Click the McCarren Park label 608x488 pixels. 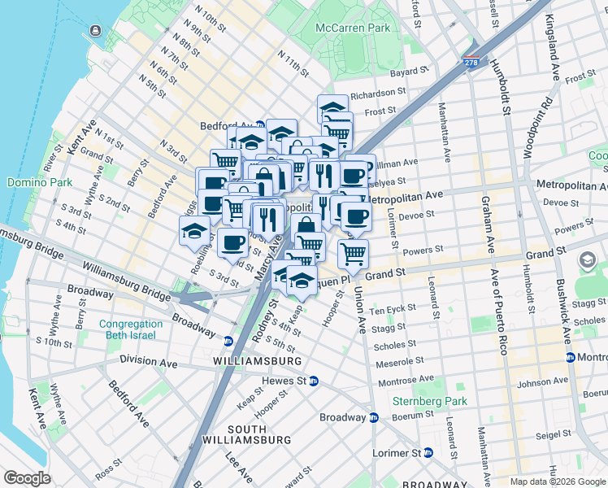click(353, 27)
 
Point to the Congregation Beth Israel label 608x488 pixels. click(131, 330)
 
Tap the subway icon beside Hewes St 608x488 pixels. click(314, 381)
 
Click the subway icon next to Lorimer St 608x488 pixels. click(428, 452)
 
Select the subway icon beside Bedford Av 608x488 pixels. click(259, 126)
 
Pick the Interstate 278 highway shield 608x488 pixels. click(471, 61)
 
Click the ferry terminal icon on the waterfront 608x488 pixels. click(95, 31)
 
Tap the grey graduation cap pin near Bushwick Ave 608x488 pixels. click(588, 260)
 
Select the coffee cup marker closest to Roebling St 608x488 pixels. click(232, 242)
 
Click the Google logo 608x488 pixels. click(28, 478)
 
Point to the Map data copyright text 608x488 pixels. click(558, 481)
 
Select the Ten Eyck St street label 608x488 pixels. click(393, 312)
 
